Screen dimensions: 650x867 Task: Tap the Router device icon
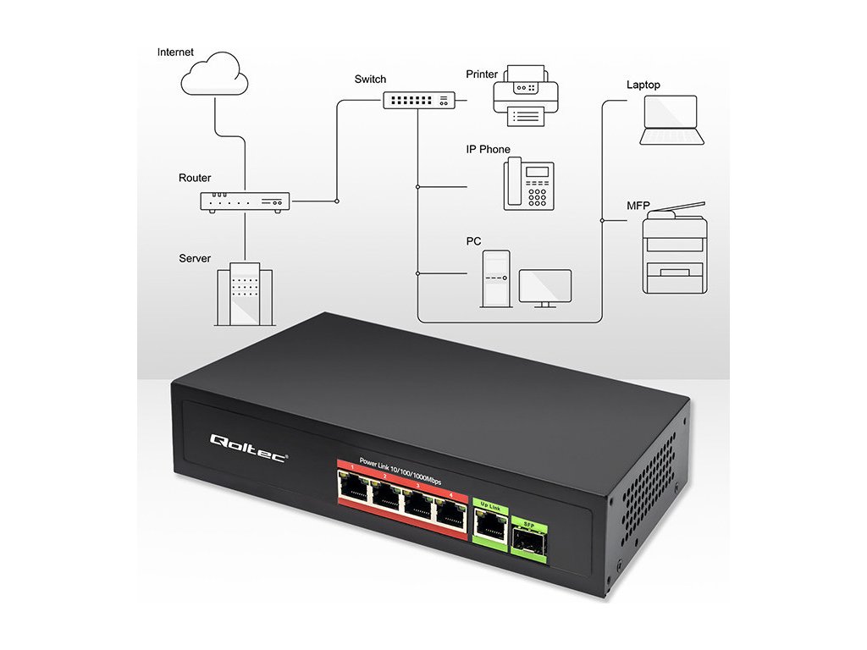(245, 201)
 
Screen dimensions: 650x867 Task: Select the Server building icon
(245, 296)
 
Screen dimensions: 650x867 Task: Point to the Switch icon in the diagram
(418, 100)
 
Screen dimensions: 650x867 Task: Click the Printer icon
(526, 95)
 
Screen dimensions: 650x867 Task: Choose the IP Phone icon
(529, 185)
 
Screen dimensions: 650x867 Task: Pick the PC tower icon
(495, 278)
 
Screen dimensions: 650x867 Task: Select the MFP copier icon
(674, 249)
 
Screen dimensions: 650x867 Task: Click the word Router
(195, 179)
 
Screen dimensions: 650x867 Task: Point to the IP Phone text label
(489, 150)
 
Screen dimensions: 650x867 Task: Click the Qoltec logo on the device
(249, 441)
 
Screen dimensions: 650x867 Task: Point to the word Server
(195, 258)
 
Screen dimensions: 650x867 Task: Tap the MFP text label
(638, 205)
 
